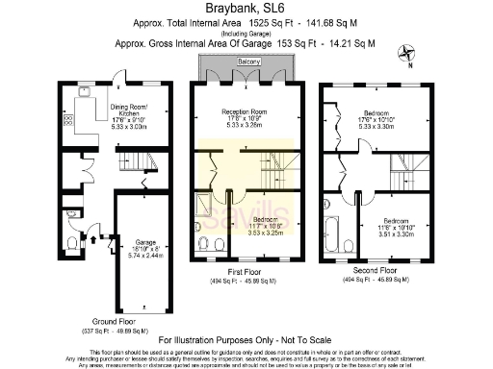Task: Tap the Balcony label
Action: click(x=247, y=61)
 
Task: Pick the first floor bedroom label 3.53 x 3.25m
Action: click(x=266, y=225)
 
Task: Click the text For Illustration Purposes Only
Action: click(x=246, y=340)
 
